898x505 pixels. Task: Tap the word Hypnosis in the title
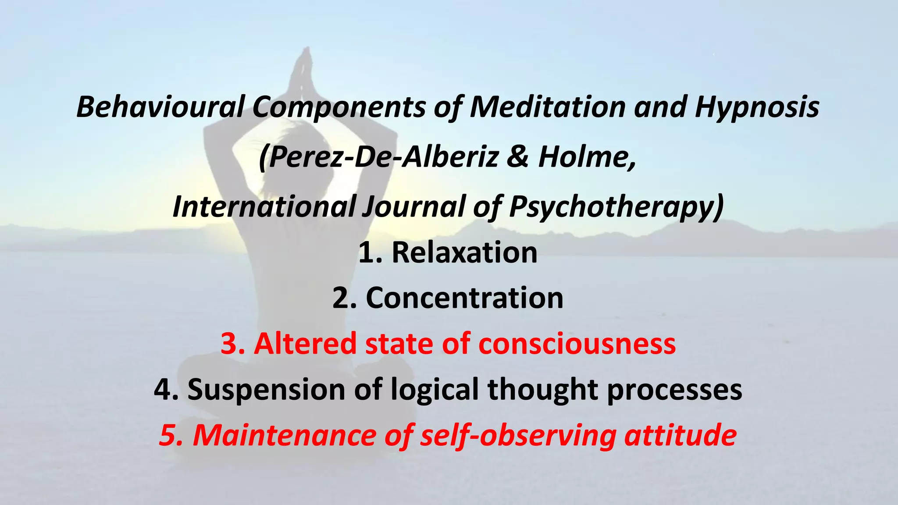tap(757, 107)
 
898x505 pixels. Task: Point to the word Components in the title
tap(339, 107)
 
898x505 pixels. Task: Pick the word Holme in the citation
tap(585, 157)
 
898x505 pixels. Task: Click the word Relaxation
tap(464, 252)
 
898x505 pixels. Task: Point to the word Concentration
tap(464, 298)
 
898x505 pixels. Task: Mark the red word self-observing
tap(518, 435)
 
